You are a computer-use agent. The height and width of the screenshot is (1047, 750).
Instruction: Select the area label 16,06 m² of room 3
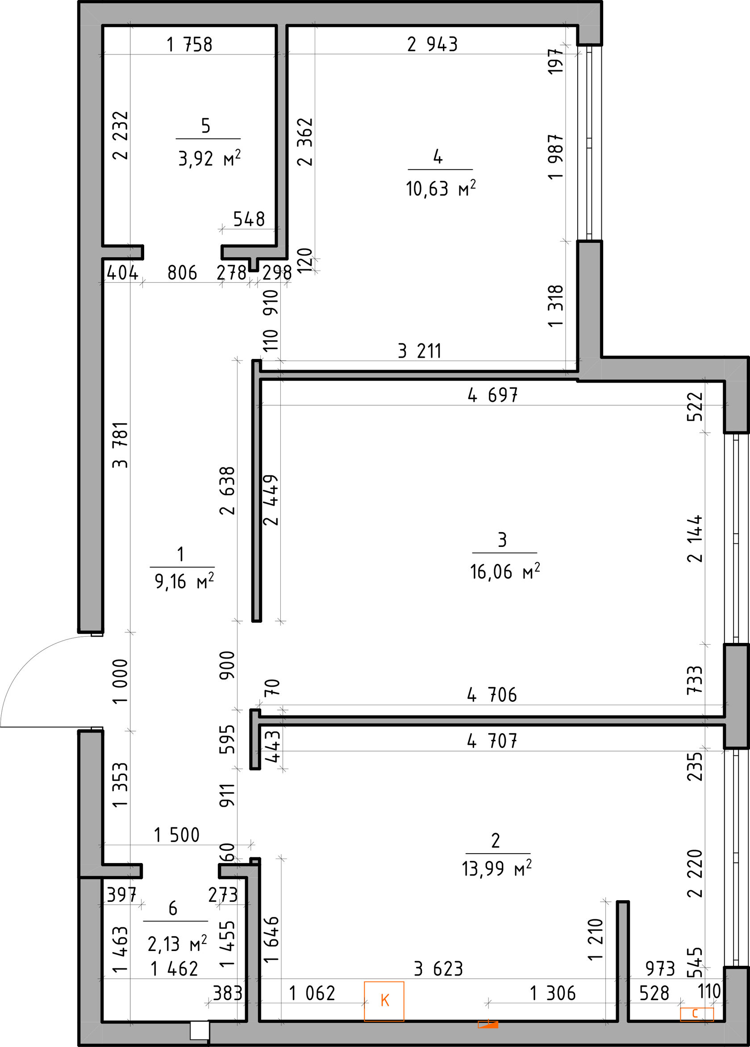click(505, 572)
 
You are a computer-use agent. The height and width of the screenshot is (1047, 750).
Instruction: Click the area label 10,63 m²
click(441, 189)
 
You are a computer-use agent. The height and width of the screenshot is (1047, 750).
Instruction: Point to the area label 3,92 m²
click(209, 159)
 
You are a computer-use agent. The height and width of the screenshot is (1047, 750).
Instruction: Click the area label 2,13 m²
click(177, 940)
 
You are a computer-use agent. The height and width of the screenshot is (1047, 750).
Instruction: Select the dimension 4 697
click(492, 395)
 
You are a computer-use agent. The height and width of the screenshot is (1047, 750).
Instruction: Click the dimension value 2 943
click(433, 44)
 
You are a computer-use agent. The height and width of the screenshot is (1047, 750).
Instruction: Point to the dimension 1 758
click(189, 45)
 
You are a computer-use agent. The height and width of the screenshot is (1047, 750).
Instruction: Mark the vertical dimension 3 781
click(121, 445)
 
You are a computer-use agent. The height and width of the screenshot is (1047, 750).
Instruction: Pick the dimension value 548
click(249, 219)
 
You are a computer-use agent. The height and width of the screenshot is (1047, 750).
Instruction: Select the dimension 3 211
click(420, 351)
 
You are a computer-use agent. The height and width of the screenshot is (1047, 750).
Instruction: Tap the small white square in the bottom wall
click(200, 1030)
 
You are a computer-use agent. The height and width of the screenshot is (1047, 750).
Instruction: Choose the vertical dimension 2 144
click(695, 538)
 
